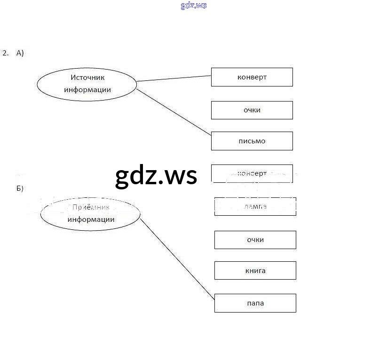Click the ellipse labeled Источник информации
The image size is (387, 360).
[87, 84]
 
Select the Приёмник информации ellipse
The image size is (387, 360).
[90, 214]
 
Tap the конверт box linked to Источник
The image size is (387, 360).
[252, 77]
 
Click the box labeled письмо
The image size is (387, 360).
[252, 141]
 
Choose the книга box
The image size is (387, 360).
[255, 271]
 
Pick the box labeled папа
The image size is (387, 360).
[255, 303]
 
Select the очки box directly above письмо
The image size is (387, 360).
[252, 110]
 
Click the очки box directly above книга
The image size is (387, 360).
[255, 240]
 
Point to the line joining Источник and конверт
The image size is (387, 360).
[174, 78]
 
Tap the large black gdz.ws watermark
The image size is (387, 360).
[156, 176]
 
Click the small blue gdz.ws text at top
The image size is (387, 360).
[193, 6]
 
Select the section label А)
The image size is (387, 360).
[20, 53]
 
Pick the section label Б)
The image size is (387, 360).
[20, 188]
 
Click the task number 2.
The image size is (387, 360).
[5, 53]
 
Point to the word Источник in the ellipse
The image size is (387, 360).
[87, 78]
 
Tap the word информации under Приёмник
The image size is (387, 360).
[91, 219]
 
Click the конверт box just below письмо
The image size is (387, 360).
[252, 173]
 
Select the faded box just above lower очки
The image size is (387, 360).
[255, 206]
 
